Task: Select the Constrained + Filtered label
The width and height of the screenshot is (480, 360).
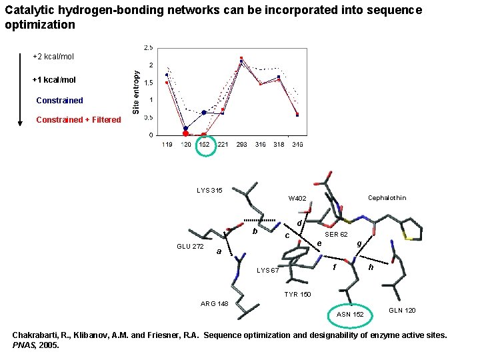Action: coord(78,120)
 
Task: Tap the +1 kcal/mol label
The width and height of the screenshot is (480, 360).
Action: coord(54,80)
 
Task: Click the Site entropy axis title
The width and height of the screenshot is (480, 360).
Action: coord(136,92)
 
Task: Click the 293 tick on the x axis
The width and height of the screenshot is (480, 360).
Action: coord(241,145)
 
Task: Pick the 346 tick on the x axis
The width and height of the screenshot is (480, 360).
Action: coord(297,145)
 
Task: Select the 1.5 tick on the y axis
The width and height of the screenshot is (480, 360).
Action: coord(149,83)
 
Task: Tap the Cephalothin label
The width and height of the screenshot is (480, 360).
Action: coord(387,197)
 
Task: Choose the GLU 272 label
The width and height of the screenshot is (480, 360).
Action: coord(190,247)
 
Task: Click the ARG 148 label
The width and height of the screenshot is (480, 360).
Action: coord(215,304)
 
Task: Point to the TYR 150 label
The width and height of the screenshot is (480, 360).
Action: coord(297,294)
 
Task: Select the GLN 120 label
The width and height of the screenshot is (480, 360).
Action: coord(402,311)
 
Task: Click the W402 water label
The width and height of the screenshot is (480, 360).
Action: coord(297,199)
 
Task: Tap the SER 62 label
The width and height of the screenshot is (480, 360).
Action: coord(336,235)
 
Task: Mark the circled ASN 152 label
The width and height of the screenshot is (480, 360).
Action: coord(350,315)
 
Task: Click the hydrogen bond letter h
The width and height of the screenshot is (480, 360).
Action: coord(371,267)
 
